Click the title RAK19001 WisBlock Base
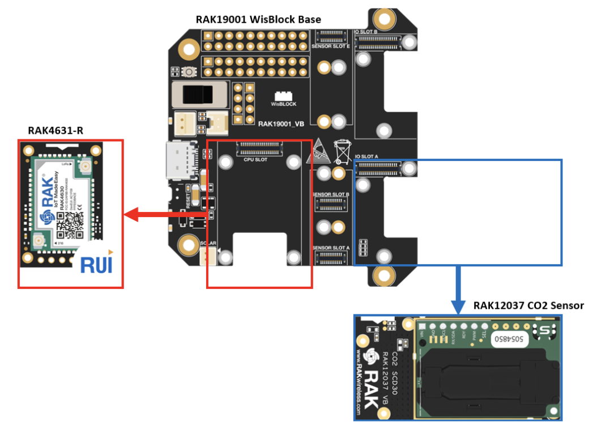[258, 19]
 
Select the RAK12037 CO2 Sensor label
[528, 305]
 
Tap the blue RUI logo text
[96, 265]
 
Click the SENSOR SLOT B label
[331, 194]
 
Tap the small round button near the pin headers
[190, 72]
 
